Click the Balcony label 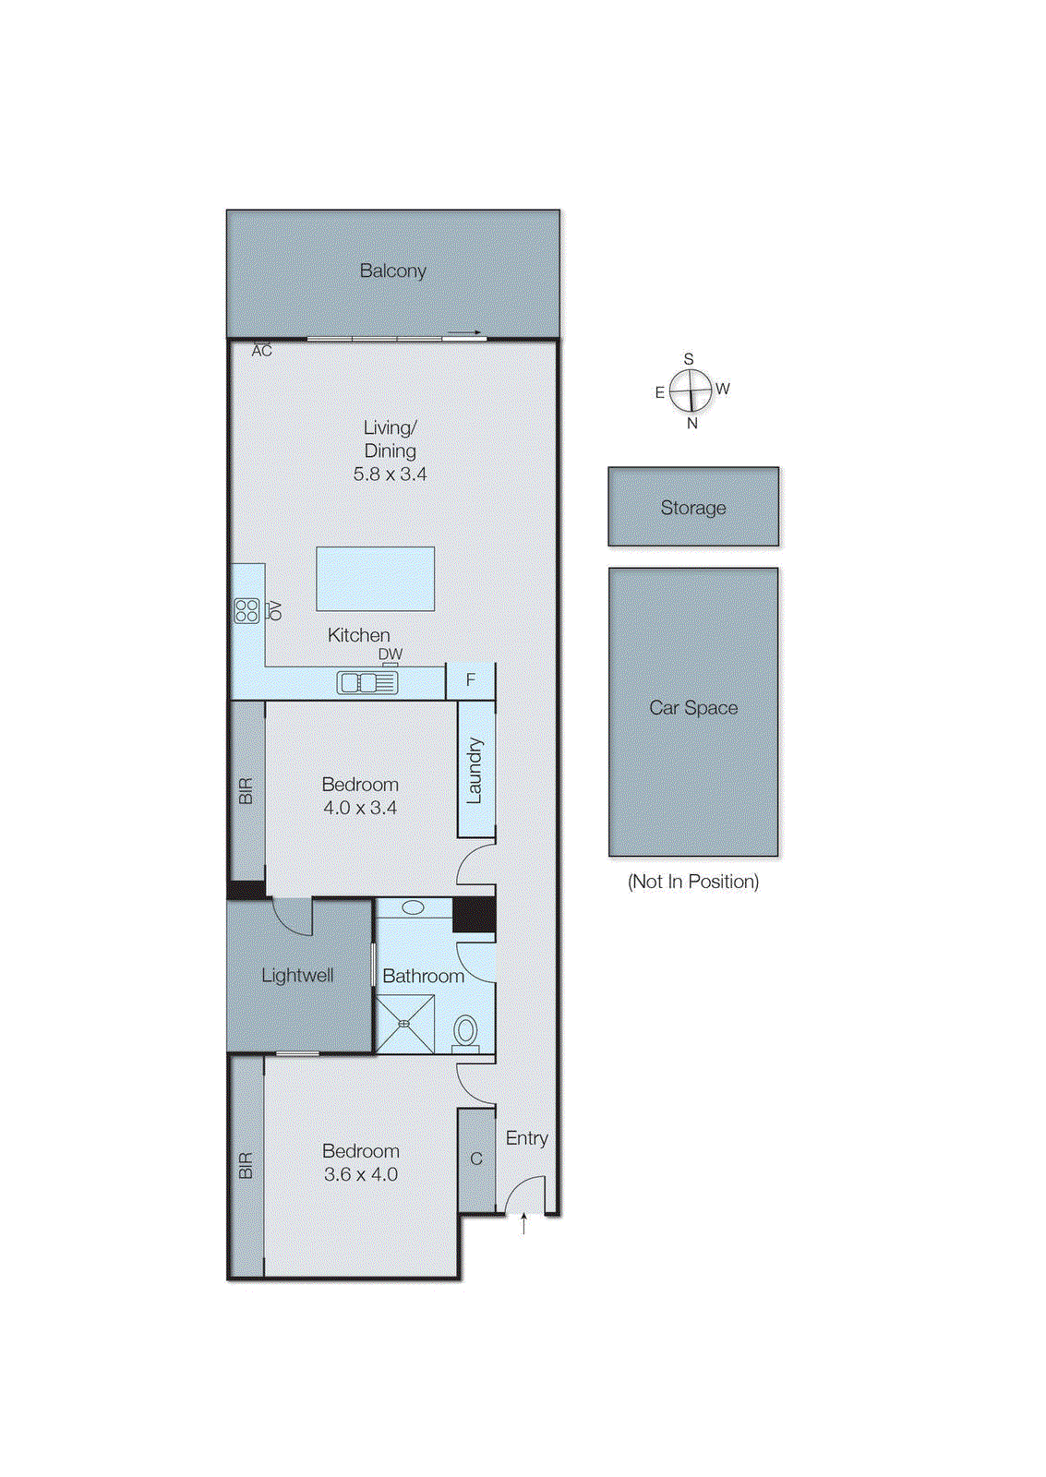pyautogui.click(x=392, y=271)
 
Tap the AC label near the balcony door pyautogui.click(x=262, y=351)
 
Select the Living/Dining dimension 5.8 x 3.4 pyautogui.click(x=390, y=474)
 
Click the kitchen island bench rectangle pyautogui.click(x=375, y=579)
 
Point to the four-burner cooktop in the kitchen pyautogui.click(x=246, y=610)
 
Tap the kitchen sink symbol pyautogui.click(x=367, y=682)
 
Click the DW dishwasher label pyautogui.click(x=391, y=654)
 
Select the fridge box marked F pyautogui.click(x=471, y=680)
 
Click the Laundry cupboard pyautogui.click(x=476, y=770)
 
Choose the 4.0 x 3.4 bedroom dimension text pyautogui.click(x=360, y=808)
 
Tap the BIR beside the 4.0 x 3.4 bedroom pyautogui.click(x=246, y=790)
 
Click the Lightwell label pyautogui.click(x=297, y=976)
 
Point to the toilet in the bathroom pyautogui.click(x=466, y=1031)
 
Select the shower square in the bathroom pyautogui.click(x=404, y=1024)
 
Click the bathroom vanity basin pyautogui.click(x=413, y=907)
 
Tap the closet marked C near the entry pyautogui.click(x=476, y=1159)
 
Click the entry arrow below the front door pyautogui.click(x=523, y=1224)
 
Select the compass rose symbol pyautogui.click(x=691, y=390)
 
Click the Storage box pyautogui.click(x=693, y=507)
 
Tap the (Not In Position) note pyautogui.click(x=693, y=882)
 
